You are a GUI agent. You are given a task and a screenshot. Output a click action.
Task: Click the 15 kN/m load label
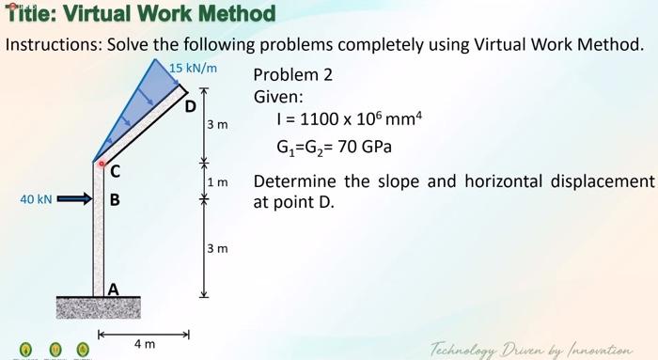(195, 68)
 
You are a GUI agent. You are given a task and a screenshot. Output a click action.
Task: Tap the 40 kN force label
(37, 199)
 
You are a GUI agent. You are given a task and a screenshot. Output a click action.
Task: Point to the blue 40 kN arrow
(75, 199)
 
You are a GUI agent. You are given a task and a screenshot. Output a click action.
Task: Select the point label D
(190, 106)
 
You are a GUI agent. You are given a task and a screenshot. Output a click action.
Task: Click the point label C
(115, 171)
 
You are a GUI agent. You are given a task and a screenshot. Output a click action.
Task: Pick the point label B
(115, 199)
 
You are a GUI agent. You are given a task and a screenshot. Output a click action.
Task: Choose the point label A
(113, 290)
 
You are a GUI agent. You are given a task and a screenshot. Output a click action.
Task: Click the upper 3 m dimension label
(217, 124)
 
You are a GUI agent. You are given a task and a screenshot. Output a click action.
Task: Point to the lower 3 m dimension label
(217, 248)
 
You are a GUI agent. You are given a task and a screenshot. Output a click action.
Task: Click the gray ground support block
(98, 307)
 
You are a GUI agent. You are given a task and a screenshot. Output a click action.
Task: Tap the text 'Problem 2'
(292, 75)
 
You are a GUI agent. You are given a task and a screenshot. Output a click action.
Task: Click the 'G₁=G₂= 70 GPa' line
(334, 148)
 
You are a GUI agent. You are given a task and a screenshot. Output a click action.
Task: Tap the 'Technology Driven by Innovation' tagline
(531, 349)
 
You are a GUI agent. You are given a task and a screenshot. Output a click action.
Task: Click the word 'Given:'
(278, 97)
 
